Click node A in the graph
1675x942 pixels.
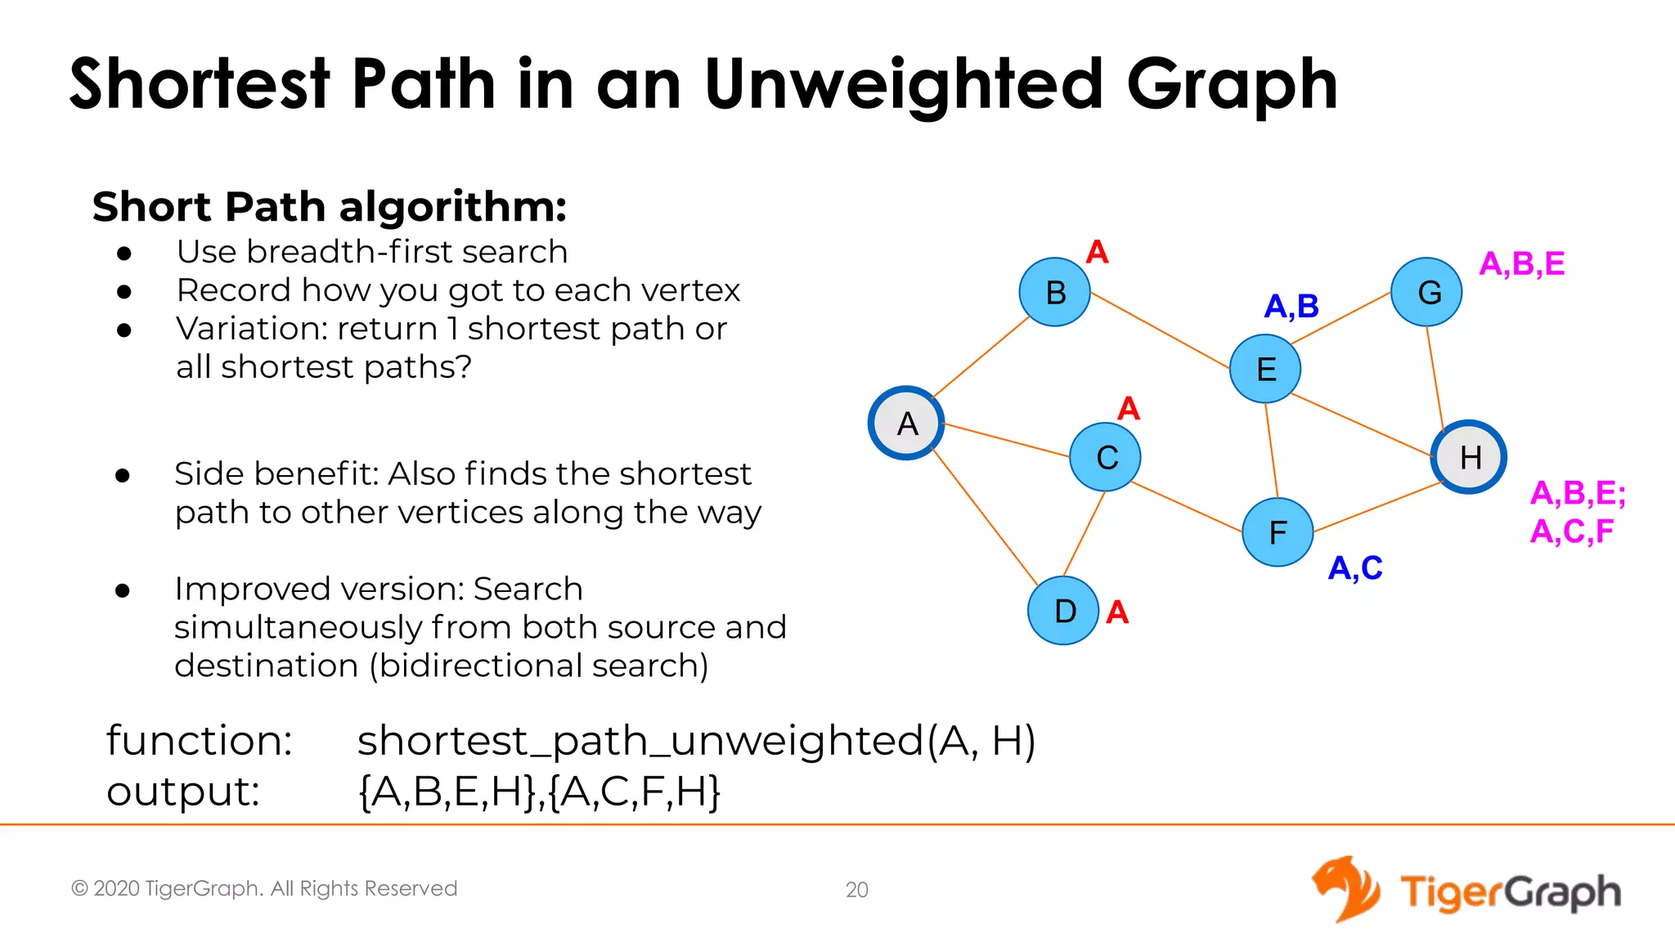tap(906, 423)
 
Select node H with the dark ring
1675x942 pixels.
tap(1469, 456)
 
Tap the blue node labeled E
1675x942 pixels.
tap(1265, 369)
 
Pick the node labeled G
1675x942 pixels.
tap(1427, 292)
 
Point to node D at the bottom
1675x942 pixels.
tap(1063, 610)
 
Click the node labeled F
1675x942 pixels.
tap(1278, 532)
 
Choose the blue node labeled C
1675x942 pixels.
tap(1106, 456)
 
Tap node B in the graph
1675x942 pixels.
tap(1055, 292)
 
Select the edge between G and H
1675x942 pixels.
tap(1435, 374)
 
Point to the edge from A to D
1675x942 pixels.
tap(985, 516)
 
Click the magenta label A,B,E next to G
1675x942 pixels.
tap(1521, 263)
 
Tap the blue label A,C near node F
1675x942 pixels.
tap(1354, 567)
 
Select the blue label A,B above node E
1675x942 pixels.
tap(1291, 306)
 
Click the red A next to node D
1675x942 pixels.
tap(1117, 612)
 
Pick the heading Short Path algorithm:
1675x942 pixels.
tap(329, 206)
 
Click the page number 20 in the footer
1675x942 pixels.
tap(856, 890)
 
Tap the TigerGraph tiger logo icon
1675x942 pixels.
tap(1345, 889)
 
